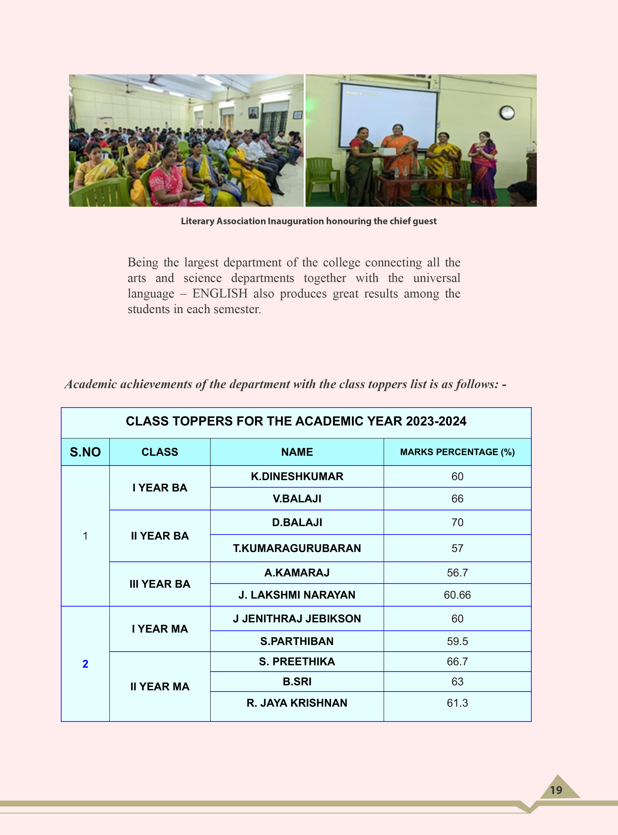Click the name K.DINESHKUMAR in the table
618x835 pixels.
coord(297,476)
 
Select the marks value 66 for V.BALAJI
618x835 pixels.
coord(457,499)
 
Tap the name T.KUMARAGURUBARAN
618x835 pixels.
coord(297,548)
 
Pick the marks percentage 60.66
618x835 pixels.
coord(457,595)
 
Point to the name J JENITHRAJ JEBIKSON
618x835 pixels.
coord(297,618)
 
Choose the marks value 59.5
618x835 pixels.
coord(457,641)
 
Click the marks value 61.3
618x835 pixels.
coord(457,703)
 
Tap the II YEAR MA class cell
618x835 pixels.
coord(160,687)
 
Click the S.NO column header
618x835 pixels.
coord(85,452)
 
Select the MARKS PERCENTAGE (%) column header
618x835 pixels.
coord(457,452)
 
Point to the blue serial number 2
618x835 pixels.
coord(85,664)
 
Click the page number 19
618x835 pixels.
coord(556,790)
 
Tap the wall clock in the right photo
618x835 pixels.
coord(507,113)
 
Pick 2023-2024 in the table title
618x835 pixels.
coord(436,421)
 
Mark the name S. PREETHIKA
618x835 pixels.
coord(297,661)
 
